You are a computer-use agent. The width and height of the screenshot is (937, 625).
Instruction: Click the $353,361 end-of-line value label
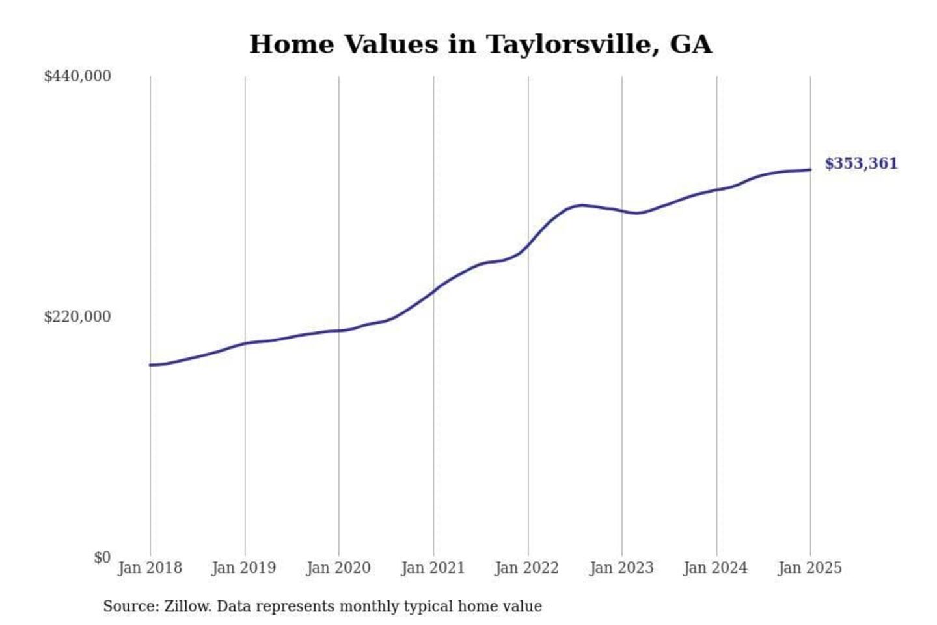pyautogui.click(x=861, y=163)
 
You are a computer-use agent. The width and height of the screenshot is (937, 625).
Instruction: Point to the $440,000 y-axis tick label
pyautogui.click(x=77, y=76)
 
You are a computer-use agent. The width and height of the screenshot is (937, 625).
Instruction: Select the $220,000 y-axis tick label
pyautogui.click(x=77, y=317)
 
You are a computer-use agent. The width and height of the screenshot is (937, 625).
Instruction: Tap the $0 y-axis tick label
pyautogui.click(x=102, y=557)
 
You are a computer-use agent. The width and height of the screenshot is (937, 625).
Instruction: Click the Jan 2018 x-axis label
pyautogui.click(x=150, y=568)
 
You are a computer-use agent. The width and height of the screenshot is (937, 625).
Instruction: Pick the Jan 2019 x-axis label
pyautogui.click(x=244, y=568)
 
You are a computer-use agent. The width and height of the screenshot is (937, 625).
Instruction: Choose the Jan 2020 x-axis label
pyautogui.click(x=338, y=568)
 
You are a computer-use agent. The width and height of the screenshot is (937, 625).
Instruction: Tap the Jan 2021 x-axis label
pyautogui.click(x=433, y=568)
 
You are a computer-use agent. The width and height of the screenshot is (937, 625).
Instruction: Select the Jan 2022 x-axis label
pyautogui.click(x=527, y=568)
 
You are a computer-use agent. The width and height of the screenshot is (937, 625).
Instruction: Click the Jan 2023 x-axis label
pyautogui.click(x=621, y=568)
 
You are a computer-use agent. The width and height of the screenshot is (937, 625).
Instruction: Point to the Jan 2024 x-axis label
pyautogui.click(x=716, y=568)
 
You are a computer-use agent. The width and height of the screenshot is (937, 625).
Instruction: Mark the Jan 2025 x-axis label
pyautogui.click(x=810, y=568)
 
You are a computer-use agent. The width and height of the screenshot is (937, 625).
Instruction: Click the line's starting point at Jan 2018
pyautogui.click(x=150, y=365)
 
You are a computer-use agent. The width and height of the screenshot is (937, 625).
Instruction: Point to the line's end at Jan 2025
pyautogui.click(x=810, y=170)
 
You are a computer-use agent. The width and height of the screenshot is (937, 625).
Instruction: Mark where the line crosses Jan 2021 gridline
pyautogui.click(x=433, y=291)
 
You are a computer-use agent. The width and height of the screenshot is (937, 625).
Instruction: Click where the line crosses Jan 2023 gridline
pyautogui.click(x=622, y=211)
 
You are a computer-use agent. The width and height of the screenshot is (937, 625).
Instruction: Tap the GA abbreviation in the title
pyautogui.click(x=690, y=44)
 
